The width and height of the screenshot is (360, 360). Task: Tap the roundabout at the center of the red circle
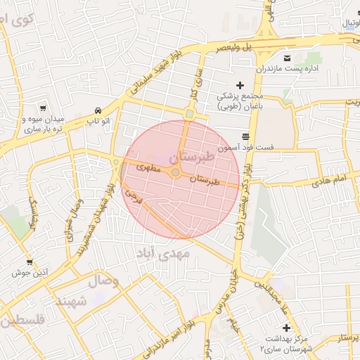[x=176, y=173]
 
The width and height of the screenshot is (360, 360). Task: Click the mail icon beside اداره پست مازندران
[x=286, y=57]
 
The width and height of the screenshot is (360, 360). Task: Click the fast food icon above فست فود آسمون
[x=245, y=136]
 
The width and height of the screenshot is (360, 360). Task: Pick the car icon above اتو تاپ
[x=98, y=111]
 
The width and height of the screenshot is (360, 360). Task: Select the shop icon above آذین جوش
[x=29, y=262]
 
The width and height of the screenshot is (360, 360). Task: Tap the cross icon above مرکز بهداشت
[x=286, y=328]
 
